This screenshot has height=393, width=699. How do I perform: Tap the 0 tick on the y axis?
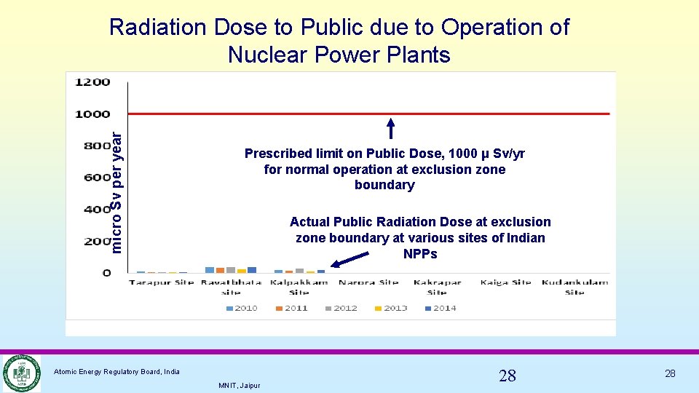pos(106,273)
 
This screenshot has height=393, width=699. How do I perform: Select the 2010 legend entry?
pos(242,308)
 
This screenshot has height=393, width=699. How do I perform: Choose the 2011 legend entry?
pos(291,308)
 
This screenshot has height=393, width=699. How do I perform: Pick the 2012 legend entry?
pos(341,308)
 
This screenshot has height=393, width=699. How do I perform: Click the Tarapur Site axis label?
pos(162,282)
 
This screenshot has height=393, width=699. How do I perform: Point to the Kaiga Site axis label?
pos(507,282)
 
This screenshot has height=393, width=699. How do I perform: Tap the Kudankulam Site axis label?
pos(574,287)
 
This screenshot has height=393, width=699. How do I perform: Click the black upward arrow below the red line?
pos(391,128)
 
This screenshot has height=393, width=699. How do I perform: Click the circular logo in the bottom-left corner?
pos(21,373)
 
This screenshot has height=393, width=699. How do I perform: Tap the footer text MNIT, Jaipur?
pos(239,385)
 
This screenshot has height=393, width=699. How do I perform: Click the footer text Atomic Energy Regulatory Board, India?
pos(117,372)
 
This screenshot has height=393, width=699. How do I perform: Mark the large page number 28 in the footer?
pos(508,376)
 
